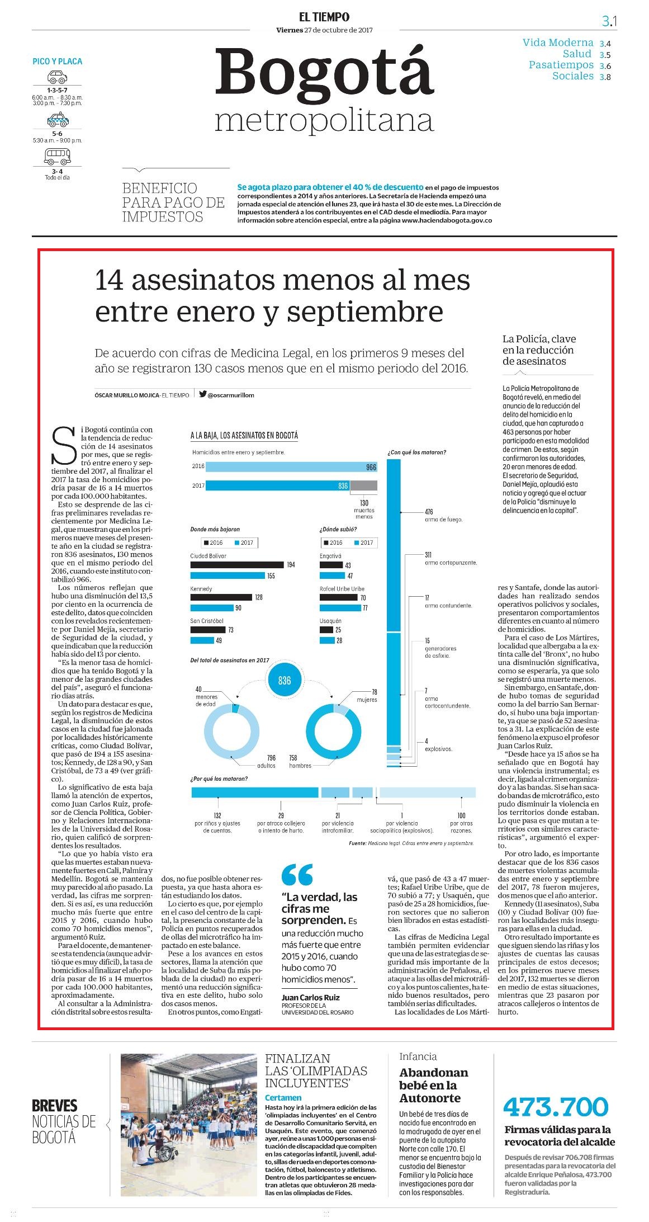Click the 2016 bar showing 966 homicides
click(x=291, y=467)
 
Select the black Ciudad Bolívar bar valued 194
click(x=237, y=565)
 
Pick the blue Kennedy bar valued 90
click(x=212, y=608)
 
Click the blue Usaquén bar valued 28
click(x=326, y=640)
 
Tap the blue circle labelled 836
click(x=285, y=681)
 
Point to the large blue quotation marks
click(x=297, y=874)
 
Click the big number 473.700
click(x=556, y=1106)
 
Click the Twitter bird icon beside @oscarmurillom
click(x=203, y=394)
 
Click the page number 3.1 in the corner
click(x=609, y=21)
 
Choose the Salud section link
click(x=577, y=54)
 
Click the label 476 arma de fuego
click(x=443, y=516)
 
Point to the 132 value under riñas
click(x=217, y=816)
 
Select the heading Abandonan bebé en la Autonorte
click(x=434, y=1085)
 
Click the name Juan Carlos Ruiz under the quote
click(x=311, y=997)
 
